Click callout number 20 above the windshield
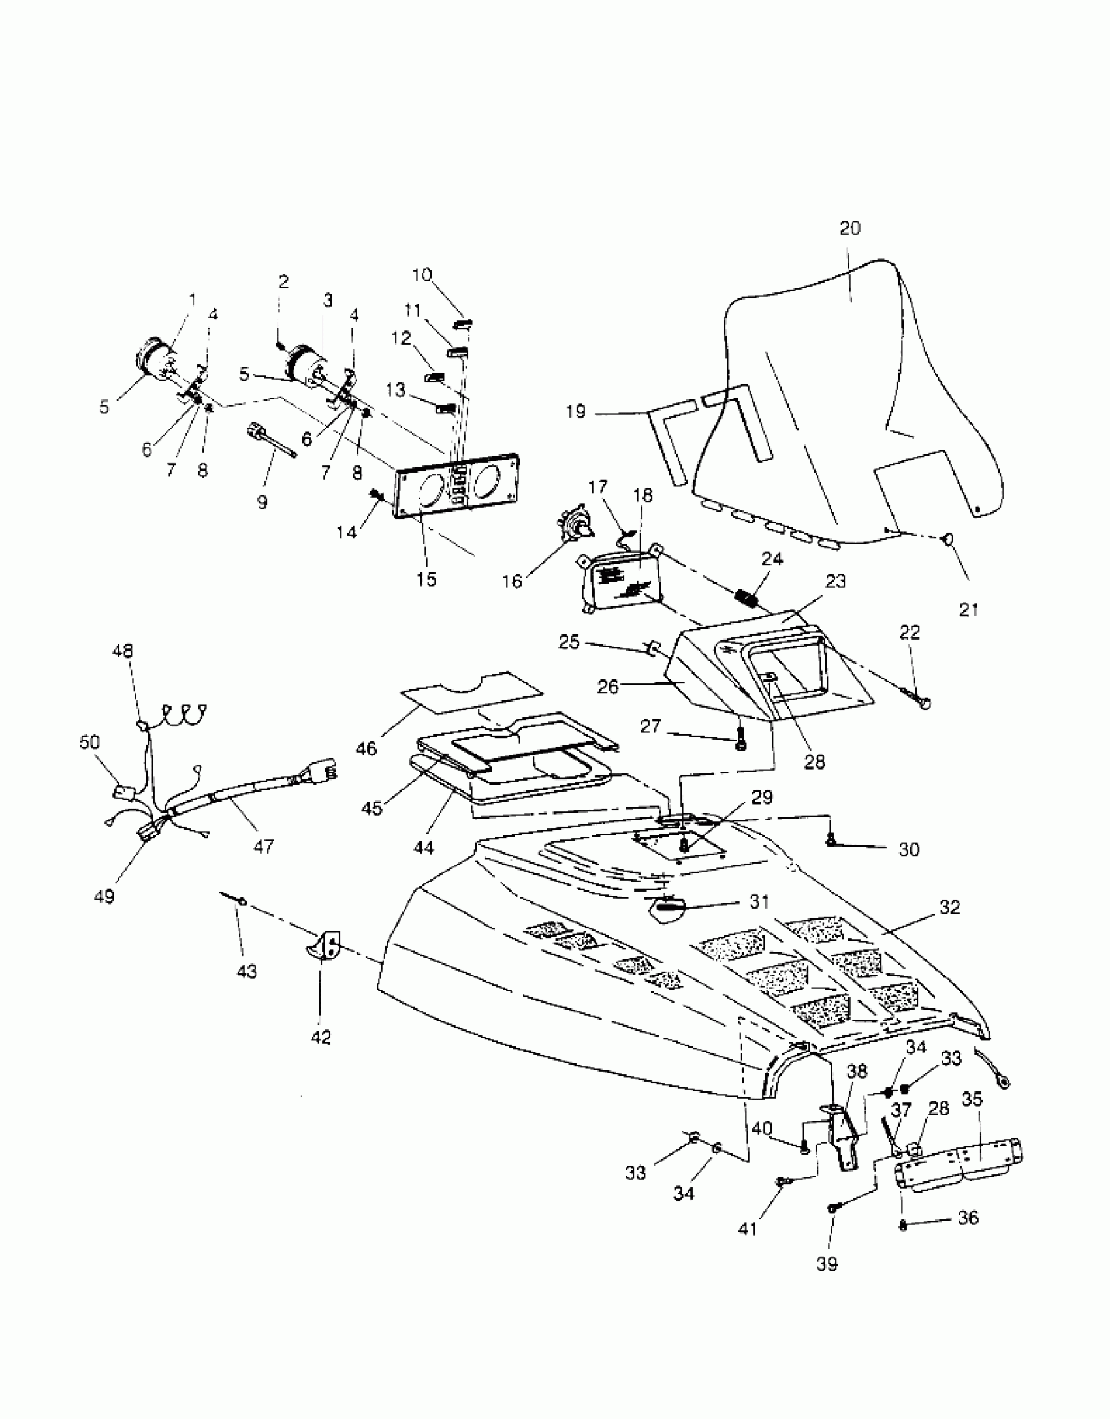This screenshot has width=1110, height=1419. (x=849, y=228)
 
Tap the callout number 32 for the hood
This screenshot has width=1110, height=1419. (x=949, y=907)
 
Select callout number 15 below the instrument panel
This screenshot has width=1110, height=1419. (x=426, y=579)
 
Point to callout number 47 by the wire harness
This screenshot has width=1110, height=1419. (x=264, y=847)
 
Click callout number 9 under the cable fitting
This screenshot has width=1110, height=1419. (x=262, y=502)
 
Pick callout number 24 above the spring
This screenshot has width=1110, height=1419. (x=772, y=559)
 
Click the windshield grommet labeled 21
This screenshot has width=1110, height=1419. (x=947, y=539)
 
